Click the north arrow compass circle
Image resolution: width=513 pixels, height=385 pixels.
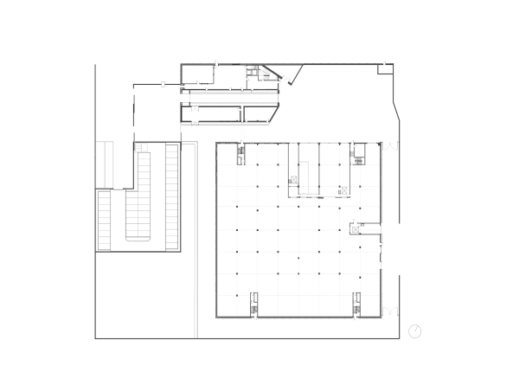tap(414, 330)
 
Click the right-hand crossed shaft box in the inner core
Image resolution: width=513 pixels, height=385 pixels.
tap(344, 189)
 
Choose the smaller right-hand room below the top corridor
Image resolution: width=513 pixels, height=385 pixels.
tap(260, 113)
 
